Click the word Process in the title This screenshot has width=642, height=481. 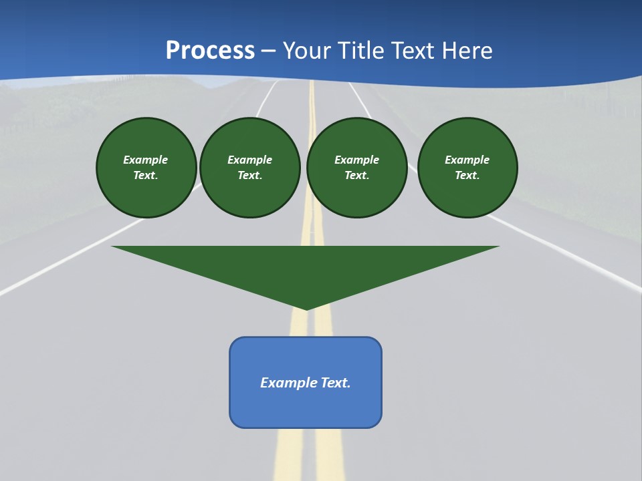pyautogui.click(x=210, y=50)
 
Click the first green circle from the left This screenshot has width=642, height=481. pyautogui.click(x=146, y=168)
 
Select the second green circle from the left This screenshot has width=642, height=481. pyautogui.click(x=250, y=168)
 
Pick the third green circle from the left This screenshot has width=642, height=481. pyautogui.click(x=356, y=168)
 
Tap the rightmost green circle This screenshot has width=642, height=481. pyautogui.click(x=467, y=168)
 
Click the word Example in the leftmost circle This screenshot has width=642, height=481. pyautogui.click(x=146, y=160)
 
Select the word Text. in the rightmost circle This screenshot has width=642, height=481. pyautogui.click(x=467, y=175)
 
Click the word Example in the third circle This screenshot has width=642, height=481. pyautogui.click(x=356, y=160)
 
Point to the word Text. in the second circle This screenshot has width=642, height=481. pyautogui.click(x=250, y=175)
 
